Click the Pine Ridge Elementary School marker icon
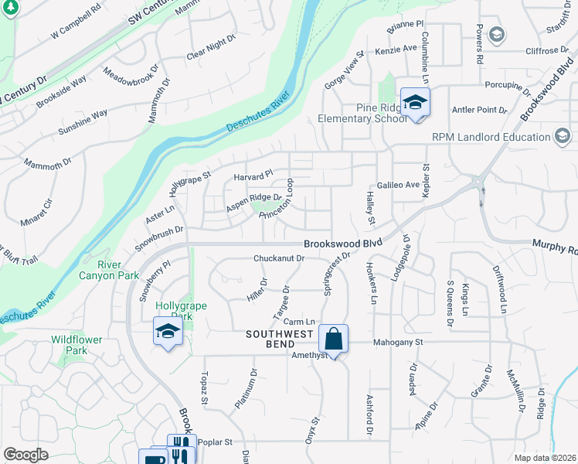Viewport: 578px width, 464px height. (415, 104)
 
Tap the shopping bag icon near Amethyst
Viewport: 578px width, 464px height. (333, 339)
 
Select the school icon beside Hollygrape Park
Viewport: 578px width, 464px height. (168, 332)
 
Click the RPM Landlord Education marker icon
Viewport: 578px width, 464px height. (563, 138)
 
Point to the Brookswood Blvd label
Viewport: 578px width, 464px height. (343, 243)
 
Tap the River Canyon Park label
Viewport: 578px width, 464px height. (109, 270)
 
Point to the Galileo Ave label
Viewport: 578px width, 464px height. (398, 185)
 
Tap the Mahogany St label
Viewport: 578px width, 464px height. (399, 342)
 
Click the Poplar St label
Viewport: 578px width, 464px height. (216, 442)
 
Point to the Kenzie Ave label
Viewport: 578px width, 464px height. (397, 49)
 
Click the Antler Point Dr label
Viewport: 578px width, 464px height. (480, 110)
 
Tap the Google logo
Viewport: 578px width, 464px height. (25, 454)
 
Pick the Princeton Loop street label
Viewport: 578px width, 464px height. (277, 203)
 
